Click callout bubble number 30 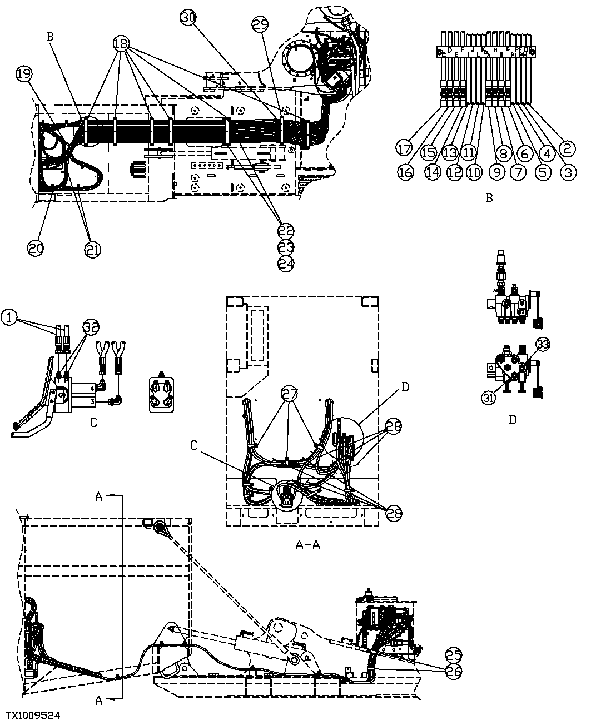click(188, 18)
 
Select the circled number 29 click(260, 24)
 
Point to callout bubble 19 click(24, 75)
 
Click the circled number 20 click(35, 249)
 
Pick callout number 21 click(92, 250)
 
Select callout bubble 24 click(286, 264)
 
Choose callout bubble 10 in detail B click(474, 172)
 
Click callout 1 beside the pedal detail click(9, 317)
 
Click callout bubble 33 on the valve click(543, 344)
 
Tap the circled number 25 click(454, 654)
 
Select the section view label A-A click(307, 544)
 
